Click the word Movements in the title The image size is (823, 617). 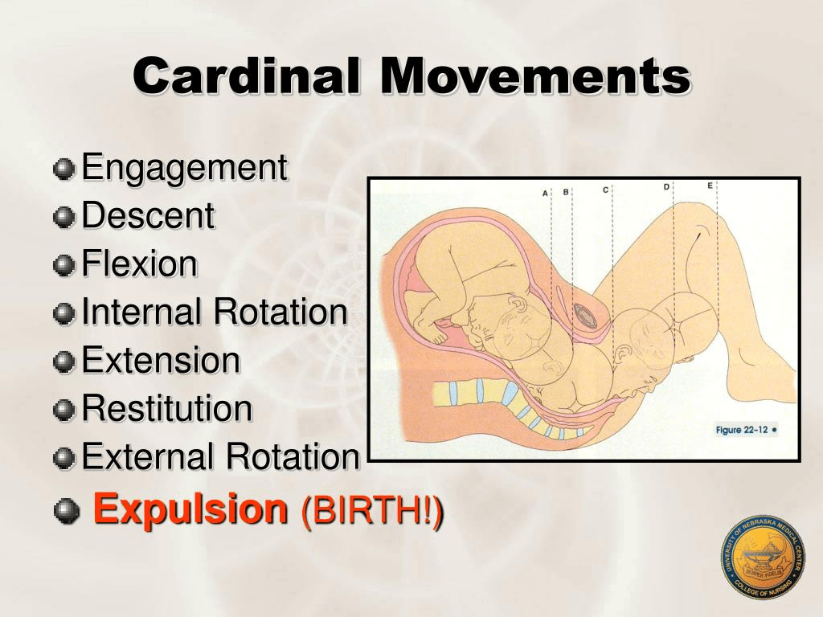pyautogui.click(x=535, y=78)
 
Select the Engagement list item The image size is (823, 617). pyautogui.click(x=184, y=168)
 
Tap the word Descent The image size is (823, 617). pyautogui.click(x=148, y=216)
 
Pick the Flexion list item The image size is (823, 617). pyautogui.click(x=139, y=264)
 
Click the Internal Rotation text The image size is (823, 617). pyautogui.click(x=214, y=313)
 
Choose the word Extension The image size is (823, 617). pyautogui.click(x=161, y=361)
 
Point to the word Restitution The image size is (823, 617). pyautogui.click(x=166, y=409)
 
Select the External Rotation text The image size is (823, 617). pyautogui.click(x=219, y=457)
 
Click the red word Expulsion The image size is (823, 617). pyautogui.click(x=190, y=509)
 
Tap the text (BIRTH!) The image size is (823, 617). pyautogui.click(x=371, y=511)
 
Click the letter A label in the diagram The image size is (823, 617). pyautogui.click(x=545, y=194)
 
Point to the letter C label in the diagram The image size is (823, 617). pyautogui.click(x=605, y=190)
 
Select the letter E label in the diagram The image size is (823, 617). pyautogui.click(x=710, y=186)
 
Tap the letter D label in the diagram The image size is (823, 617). pyautogui.click(x=666, y=187)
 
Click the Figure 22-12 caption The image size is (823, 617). pyautogui.click(x=746, y=430)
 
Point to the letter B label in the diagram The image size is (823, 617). pyautogui.click(x=566, y=192)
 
